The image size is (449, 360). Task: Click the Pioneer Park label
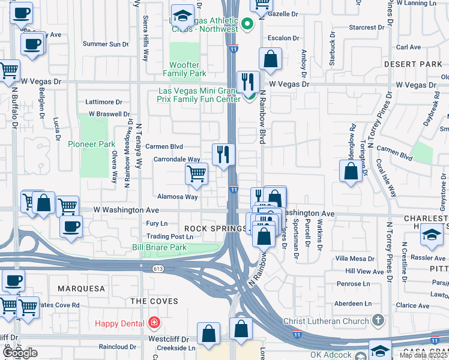coord(91,144)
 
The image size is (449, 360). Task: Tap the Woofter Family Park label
coord(185,69)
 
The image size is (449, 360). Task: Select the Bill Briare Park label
coord(159,247)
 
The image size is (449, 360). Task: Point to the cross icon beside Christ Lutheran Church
coord(378,321)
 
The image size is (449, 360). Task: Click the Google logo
coord(20,353)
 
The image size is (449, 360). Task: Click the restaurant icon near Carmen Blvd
coord(223,155)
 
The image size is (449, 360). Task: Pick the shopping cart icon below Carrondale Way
coord(196,175)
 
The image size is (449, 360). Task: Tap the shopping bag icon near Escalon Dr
coord(270,59)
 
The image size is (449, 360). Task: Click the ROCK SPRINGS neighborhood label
coord(215,229)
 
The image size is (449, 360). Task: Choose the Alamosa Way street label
coord(177,196)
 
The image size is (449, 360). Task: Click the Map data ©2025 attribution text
coord(423,355)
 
